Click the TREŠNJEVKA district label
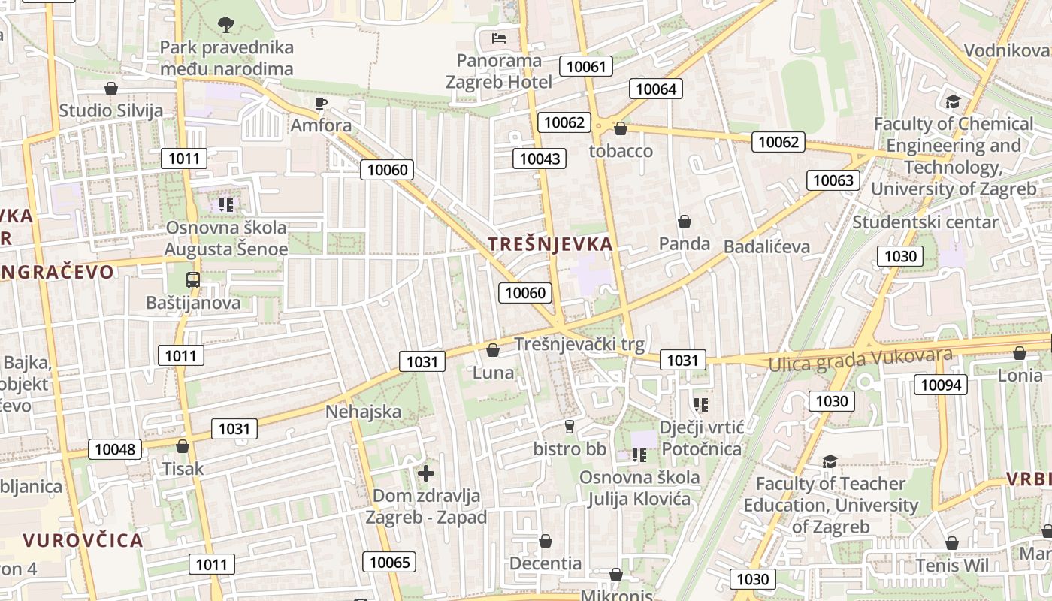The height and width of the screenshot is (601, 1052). click(x=550, y=244)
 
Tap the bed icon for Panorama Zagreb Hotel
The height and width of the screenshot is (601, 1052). click(x=498, y=38)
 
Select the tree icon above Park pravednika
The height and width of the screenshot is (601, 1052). click(x=225, y=25)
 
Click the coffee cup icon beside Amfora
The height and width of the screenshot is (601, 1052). click(x=321, y=103)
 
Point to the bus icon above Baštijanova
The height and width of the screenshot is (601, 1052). click(x=193, y=280)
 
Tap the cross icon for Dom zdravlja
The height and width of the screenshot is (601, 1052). click(x=426, y=473)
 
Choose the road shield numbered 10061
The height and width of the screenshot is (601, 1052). click(x=585, y=66)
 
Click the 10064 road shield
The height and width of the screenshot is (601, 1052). click(x=655, y=89)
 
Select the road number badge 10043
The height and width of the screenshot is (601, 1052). click(x=540, y=158)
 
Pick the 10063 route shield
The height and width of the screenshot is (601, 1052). click(x=833, y=180)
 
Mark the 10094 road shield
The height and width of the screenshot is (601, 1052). click(x=940, y=385)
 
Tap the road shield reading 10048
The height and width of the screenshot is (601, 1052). click(x=115, y=449)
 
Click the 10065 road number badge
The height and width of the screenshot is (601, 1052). click(x=390, y=561)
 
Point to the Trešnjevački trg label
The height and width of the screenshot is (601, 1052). click(x=579, y=345)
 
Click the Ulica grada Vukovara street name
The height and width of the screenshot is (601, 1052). click(x=860, y=359)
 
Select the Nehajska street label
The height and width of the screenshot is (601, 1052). click(x=363, y=412)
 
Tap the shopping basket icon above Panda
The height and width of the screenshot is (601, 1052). click(x=684, y=222)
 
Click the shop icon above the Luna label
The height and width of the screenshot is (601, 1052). click(x=493, y=350)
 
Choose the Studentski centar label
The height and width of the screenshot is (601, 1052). click(x=925, y=222)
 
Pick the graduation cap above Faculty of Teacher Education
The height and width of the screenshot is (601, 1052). click(x=830, y=461)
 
